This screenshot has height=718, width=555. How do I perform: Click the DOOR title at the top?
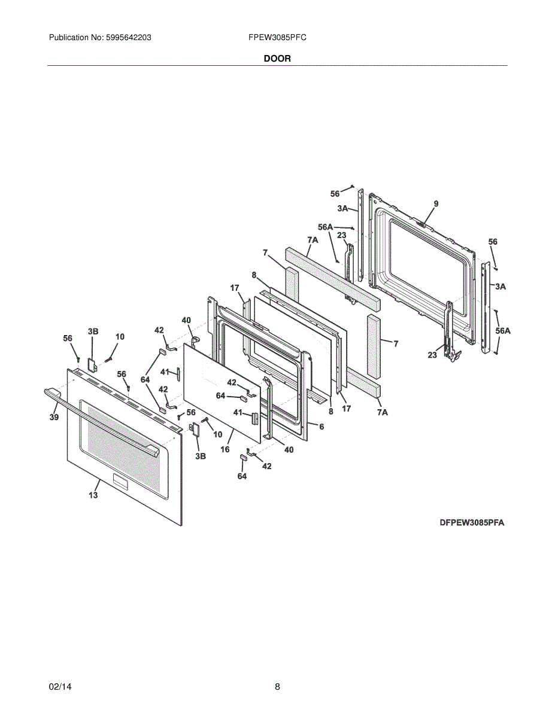(277, 59)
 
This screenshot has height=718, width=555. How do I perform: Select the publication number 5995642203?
(128, 38)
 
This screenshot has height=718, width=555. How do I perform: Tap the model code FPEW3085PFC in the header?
(277, 38)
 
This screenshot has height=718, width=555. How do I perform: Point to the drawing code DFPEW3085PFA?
(472, 523)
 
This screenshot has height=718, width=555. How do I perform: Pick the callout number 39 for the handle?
(54, 417)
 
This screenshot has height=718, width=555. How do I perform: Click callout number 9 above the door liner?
(436, 204)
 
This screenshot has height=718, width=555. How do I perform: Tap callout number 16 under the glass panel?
(225, 449)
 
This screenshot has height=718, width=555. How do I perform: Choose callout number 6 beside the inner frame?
(322, 427)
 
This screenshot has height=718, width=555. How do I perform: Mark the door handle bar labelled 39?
(101, 422)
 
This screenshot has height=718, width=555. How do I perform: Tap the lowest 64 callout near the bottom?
(242, 476)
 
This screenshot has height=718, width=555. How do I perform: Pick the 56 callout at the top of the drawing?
(335, 194)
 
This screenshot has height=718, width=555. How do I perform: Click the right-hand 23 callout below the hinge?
(432, 355)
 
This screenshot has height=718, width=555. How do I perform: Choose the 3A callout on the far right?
(501, 287)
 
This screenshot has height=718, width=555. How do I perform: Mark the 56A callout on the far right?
(503, 330)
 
